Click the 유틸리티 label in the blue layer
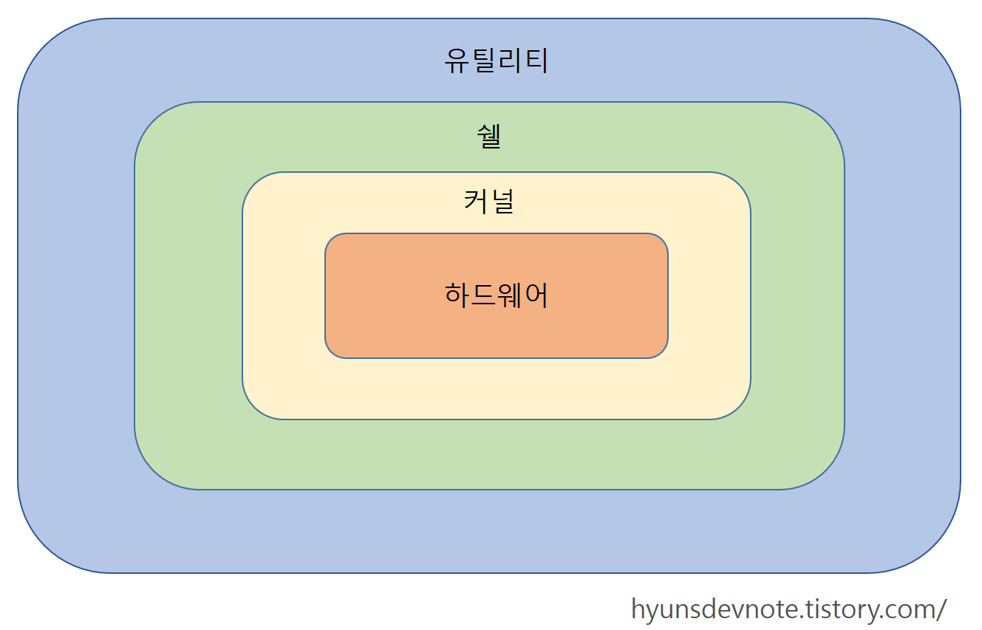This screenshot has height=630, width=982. point(496,61)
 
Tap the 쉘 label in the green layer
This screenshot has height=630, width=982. point(489,137)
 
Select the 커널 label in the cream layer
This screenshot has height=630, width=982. point(488,201)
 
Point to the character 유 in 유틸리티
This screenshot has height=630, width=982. point(457,61)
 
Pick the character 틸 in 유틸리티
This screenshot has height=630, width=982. point(483,61)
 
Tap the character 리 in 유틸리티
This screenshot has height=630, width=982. point(510,61)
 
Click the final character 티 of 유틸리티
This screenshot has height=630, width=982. point(536,61)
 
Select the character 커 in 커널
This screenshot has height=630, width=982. point(476,201)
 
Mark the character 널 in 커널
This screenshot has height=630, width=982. point(502,201)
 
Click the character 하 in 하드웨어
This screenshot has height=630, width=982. point(457,295)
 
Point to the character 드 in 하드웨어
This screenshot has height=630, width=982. point(483,295)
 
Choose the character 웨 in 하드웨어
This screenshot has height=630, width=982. point(510,295)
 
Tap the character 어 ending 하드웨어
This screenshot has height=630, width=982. point(536,295)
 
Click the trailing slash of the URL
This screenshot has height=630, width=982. point(941,610)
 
